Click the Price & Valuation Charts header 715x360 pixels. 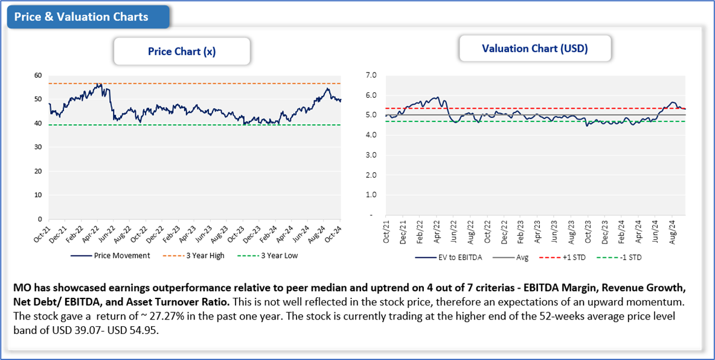81,17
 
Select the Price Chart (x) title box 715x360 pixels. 182,51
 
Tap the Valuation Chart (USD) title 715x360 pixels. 534,48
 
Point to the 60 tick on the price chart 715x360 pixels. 38,76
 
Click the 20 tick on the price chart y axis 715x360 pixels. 38,171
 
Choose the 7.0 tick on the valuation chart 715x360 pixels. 371,76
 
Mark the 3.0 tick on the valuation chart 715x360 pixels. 371,155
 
